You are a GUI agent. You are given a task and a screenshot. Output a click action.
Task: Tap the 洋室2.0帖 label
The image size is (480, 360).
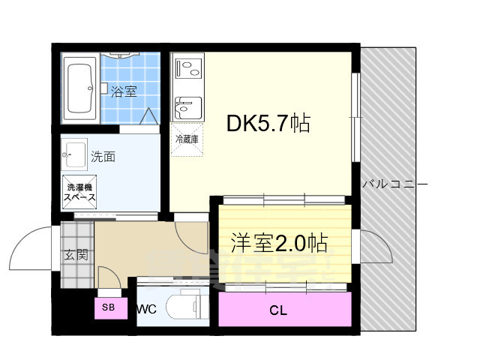point(278,243)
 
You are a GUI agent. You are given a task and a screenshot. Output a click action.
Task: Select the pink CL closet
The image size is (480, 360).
point(284,309)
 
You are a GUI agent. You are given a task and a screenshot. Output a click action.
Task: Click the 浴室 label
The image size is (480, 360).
point(124,92)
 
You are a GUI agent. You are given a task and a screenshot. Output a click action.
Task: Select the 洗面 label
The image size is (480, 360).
point(103,157)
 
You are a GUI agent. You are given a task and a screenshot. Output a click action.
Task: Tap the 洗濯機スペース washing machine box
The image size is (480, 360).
point(79,192)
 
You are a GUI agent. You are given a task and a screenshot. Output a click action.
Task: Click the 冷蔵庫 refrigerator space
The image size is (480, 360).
point(186,140)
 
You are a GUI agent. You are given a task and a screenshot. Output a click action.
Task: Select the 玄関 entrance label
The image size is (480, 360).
point(75,255)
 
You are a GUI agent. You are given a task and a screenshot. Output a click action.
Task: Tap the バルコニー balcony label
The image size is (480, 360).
point(394,184)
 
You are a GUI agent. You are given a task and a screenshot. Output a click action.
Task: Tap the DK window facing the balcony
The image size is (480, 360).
point(356,116)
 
